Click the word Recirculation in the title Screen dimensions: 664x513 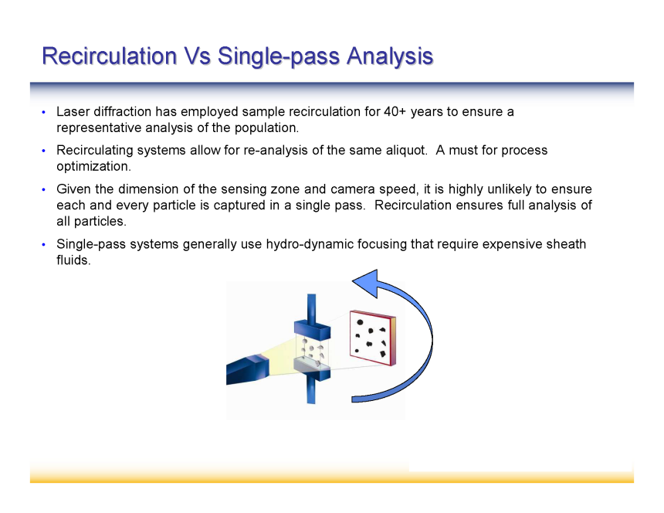(110, 56)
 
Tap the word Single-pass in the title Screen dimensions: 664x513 (279, 56)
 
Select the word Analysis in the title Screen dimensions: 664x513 (390, 56)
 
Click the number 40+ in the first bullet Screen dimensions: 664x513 (395, 112)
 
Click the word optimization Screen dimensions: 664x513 (93, 166)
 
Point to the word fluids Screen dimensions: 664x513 (73, 260)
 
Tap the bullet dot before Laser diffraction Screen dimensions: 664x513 (43, 112)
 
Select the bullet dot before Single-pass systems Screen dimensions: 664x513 (43, 244)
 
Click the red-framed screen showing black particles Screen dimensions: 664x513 (373, 338)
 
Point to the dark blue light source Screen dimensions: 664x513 (248, 369)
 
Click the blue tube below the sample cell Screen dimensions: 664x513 (311, 391)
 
